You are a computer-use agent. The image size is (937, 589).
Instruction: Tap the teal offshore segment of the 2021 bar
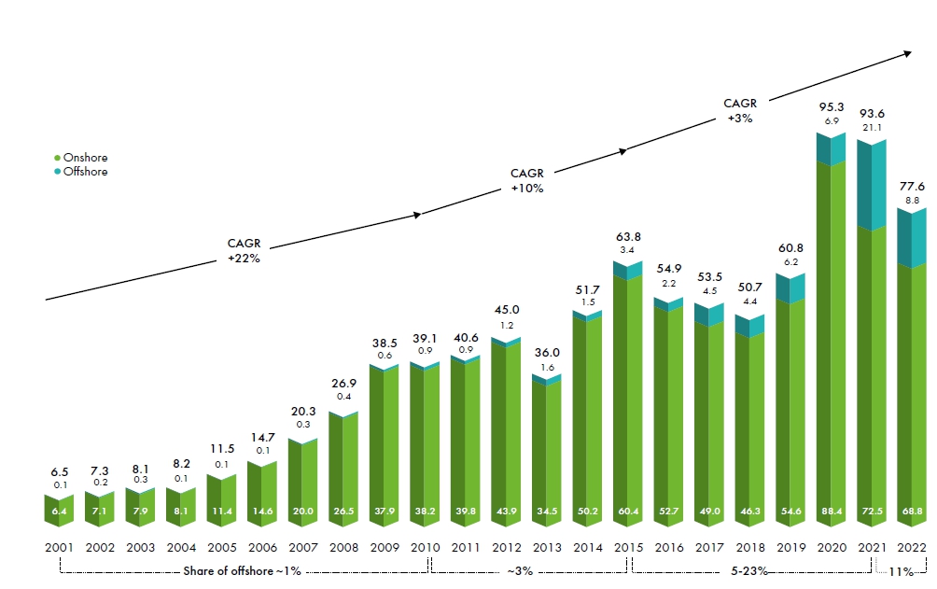point(872,187)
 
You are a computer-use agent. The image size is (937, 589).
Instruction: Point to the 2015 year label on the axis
point(626,548)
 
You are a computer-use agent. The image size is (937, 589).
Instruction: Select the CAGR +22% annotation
point(244,250)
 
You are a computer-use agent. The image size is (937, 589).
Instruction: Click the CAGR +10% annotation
point(527,180)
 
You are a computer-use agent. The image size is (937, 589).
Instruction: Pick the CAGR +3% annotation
point(740,110)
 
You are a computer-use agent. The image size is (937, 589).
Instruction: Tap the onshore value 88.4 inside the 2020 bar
point(831,511)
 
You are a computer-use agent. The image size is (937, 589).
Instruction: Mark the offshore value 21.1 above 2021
point(873,127)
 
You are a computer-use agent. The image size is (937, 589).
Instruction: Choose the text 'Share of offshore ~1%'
point(242,570)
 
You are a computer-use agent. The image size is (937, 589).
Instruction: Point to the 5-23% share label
point(749,570)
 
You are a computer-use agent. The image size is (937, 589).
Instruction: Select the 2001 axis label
point(59,548)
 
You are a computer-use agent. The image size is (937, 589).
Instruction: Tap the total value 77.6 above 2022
point(913,185)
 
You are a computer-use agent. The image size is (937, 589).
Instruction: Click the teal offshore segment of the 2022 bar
point(913,238)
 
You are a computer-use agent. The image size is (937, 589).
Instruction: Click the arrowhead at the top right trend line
point(907,54)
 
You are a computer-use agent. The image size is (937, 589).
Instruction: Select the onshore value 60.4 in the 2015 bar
point(626,511)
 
